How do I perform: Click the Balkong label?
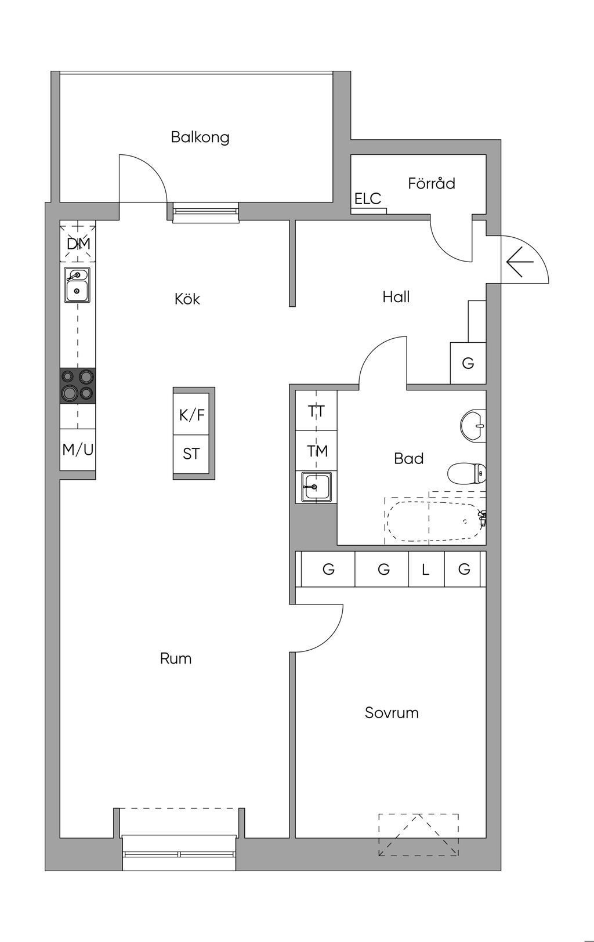tap(200, 137)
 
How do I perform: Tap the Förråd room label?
tap(431, 183)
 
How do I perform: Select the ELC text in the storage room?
tap(368, 198)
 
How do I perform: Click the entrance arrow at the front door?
tap(520, 262)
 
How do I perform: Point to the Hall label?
tap(396, 297)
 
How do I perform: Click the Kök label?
tap(187, 299)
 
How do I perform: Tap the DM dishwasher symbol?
tap(78, 244)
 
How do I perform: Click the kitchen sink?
tap(77, 285)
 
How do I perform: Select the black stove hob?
tap(78, 386)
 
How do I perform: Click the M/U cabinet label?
tap(78, 450)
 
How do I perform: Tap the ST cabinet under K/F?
tap(191, 454)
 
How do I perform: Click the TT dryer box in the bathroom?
tap(316, 411)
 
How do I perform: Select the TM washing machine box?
tap(316, 450)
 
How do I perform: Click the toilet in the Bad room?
tap(467, 474)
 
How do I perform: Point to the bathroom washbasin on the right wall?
tap(473, 426)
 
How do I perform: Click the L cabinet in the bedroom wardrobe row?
tap(426, 569)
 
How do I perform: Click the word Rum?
tap(176, 658)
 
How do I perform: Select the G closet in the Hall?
tap(468, 363)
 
